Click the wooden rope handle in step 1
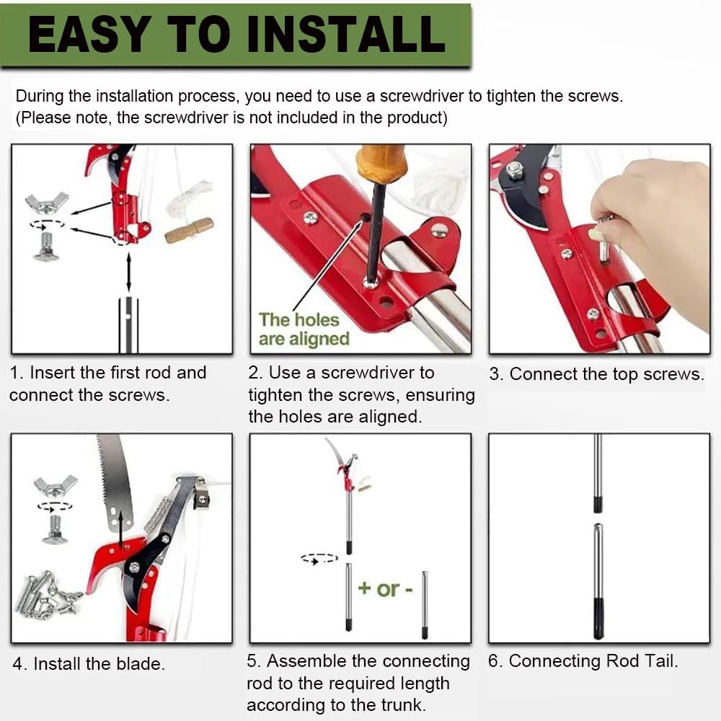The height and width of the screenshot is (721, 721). [189, 230]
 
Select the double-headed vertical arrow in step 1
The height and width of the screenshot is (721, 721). [129, 272]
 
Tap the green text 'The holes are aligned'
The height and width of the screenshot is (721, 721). [304, 329]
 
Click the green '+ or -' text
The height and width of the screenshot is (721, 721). [385, 588]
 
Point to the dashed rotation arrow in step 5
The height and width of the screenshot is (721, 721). [319, 559]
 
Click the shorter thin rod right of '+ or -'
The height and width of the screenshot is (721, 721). [425, 605]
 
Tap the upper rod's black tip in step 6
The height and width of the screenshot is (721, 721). [597, 504]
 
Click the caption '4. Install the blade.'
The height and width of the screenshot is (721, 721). [89, 663]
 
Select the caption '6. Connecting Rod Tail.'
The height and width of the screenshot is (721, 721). [583, 660]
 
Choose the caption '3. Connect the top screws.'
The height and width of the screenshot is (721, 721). [596, 373]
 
